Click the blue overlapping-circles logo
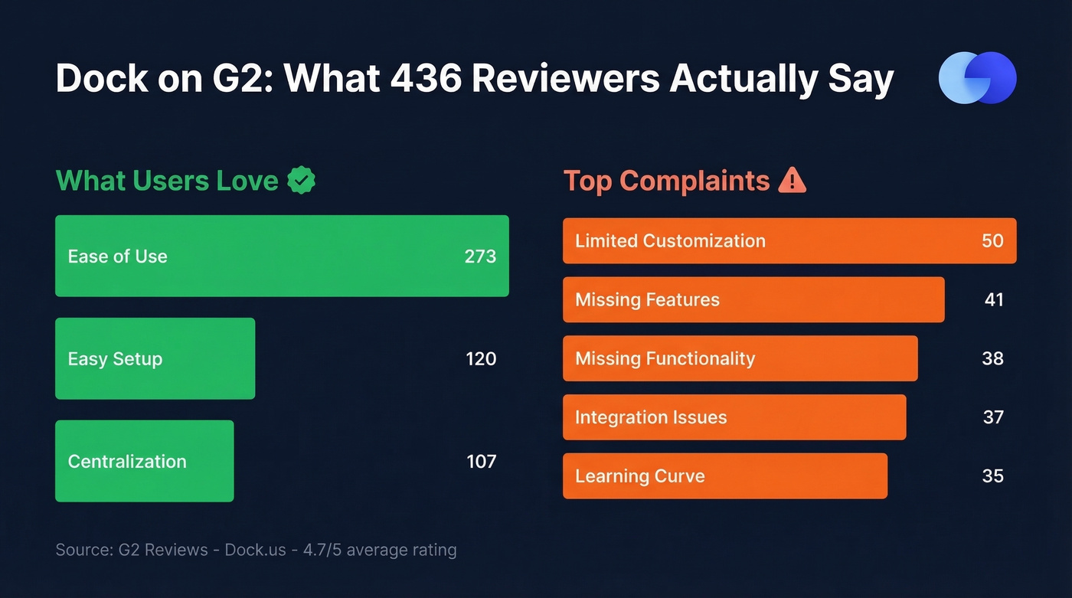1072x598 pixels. pyautogui.click(x=977, y=77)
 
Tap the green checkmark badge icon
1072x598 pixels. pyautogui.click(x=301, y=181)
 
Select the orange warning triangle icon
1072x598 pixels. pyautogui.click(x=792, y=181)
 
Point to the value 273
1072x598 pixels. pyautogui.click(x=480, y=257)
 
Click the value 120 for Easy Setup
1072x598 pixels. pyautogui.click(x=481, y=359)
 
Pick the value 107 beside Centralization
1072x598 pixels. pyautogui.click(x=482, y=462)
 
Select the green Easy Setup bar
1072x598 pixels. pyautogui.click(x=155, y=358)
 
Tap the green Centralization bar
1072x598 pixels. pyautogui.click(x=144, y=461)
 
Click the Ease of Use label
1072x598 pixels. pyautogui.click(x=117, y=257)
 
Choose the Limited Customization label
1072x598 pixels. pyautogui.click(x=670, y=241)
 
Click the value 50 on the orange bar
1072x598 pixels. pyautogui.click(x=992, y=241)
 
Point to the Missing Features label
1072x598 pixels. pyautogui.click(x=647, y=300)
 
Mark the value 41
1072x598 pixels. pyautogui.click(x=994, y=300)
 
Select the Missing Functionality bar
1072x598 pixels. pyautogui.click(x=740, y=358)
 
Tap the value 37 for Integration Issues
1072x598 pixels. pyautogui.click(x=993, y=417)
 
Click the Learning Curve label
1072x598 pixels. pyautogui.click(x=639, y=476)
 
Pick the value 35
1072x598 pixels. pyautogui.click(x=992, y=476)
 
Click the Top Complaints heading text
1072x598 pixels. pyautogui.click(x=666, y=181)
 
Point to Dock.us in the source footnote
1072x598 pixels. pyautogui.click(x=256, y=550)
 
